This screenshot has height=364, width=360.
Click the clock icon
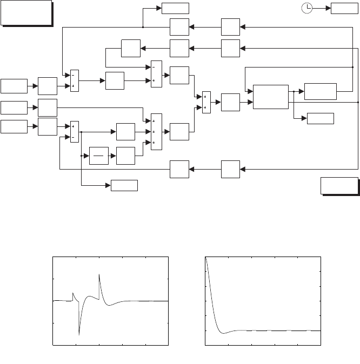coord(306,8)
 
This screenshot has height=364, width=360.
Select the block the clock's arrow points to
coord(344,8)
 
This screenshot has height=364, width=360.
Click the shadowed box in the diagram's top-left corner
coord(26,12)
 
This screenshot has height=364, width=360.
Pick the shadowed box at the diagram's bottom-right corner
coord(338,185)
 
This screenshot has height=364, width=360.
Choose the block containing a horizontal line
coord(99,156)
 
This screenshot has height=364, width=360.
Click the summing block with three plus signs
coord(156,131)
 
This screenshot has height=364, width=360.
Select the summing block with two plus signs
coord(206,102)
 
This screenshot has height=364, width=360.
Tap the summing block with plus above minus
coord(75,132)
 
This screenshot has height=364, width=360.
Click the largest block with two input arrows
coord(269,97)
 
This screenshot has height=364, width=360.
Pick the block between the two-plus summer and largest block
coord(230,102)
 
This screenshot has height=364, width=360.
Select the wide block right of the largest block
coord(321,91)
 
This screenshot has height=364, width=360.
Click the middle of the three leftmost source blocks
coord(14,107)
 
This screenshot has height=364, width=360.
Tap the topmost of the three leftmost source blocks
coord(14,85)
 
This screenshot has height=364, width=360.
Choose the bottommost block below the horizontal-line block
coord(124,186)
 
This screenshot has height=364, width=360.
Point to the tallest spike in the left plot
coord(99,275)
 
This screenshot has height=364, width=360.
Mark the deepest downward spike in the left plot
coord(79,335)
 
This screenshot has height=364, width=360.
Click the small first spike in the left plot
coord(73,294)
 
